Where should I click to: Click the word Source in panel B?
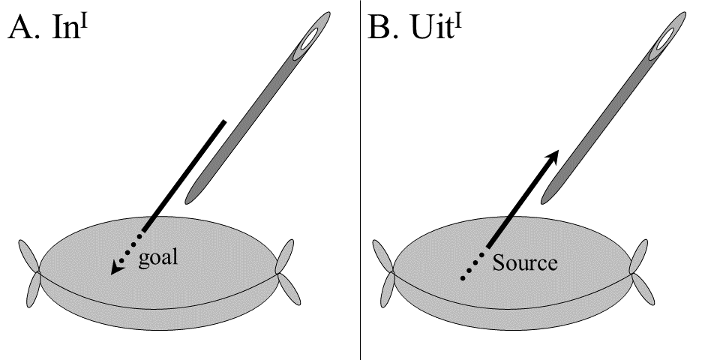(524, 263)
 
